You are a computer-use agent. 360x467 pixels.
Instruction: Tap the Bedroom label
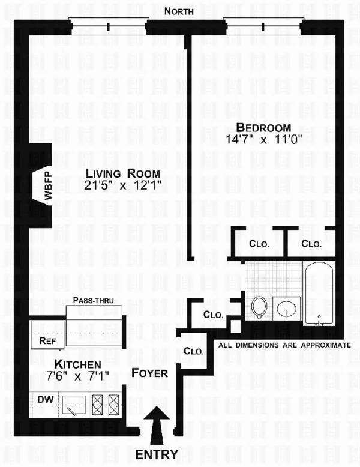click(x=263, y=128)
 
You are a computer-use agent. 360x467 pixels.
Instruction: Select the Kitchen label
click(x=77, y=364)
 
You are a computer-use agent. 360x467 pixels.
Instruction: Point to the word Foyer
click(x=149, y=373)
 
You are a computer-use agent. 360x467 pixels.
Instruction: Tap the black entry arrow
click(x=158, y=423)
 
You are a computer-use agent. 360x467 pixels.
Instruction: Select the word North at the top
click(x=187, y=11)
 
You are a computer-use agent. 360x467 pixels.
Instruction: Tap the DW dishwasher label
click(x=44, y=399)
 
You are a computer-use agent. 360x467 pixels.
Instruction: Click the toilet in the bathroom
click(x=259, y=307)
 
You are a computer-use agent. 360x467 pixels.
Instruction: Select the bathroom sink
click(x=286, y=310)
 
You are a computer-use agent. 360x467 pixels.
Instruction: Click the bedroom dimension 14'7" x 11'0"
click(x=263, y=139)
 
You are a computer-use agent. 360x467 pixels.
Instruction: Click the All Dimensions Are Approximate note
click(x=284, y=345)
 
